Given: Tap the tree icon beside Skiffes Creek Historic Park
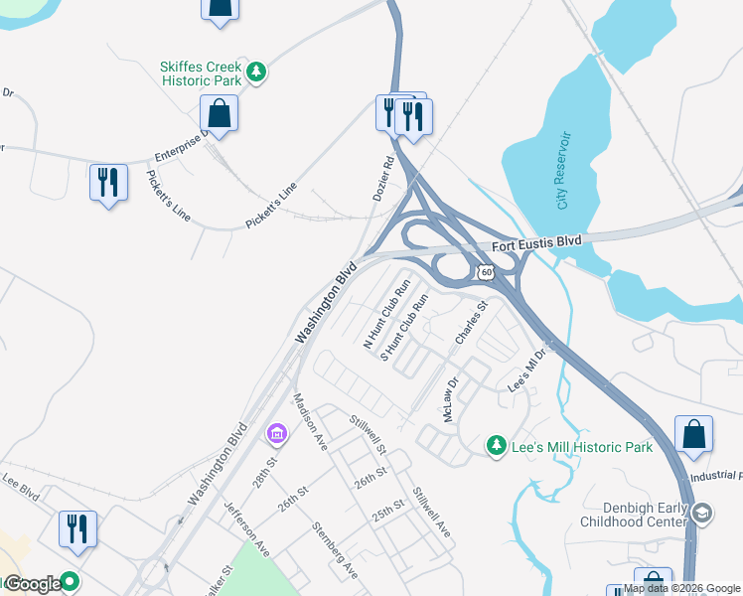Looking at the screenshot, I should [x=257, y=72].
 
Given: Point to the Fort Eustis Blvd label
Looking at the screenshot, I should [x=536, y=241].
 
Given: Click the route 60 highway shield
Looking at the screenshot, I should [x=484, y=271].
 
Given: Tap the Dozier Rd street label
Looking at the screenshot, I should [x=384, y=179].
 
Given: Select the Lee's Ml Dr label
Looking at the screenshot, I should [x=528, y=371].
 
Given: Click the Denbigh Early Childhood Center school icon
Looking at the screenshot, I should [x=702, y=513].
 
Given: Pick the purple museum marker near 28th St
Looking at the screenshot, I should [x=276, y=434].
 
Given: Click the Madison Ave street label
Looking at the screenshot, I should [x=310, y=422].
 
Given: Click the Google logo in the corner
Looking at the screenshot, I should [x=32, y=584].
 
